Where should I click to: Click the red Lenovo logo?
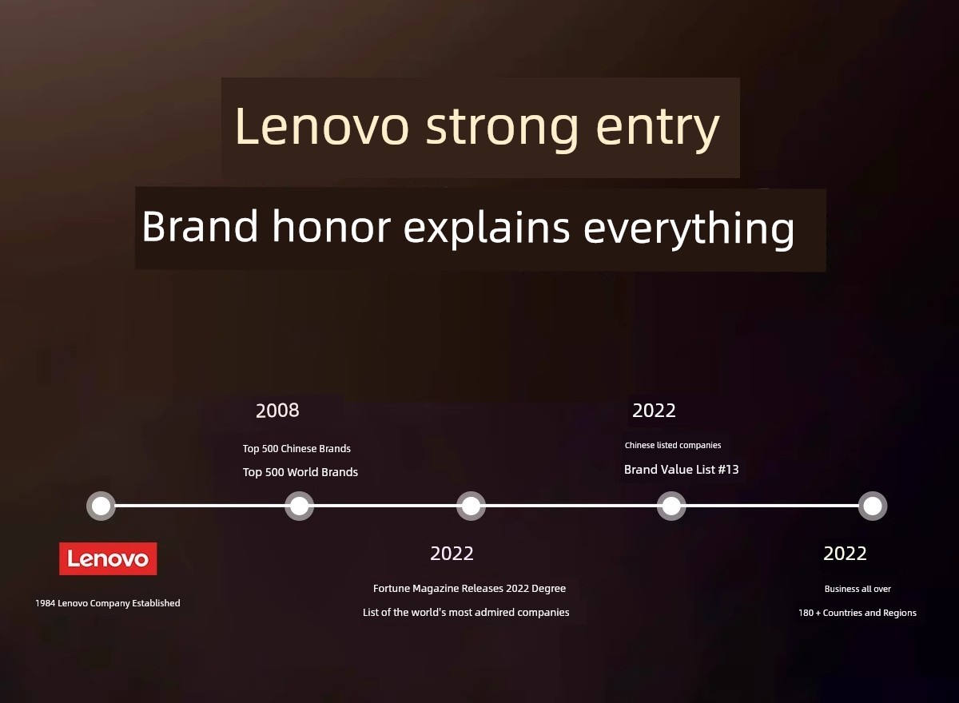[108, 558]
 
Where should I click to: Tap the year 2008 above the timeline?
[277, 411]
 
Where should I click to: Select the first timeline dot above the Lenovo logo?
[101, 506]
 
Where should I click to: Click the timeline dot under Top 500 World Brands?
[299, 506]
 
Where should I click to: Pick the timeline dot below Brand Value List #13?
[671, 506]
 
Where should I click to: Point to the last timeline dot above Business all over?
[873, 506]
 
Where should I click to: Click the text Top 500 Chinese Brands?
[296, 448]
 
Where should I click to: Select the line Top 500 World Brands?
[300, 472]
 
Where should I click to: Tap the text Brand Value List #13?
[681, 470]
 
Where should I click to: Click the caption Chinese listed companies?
[673, 445]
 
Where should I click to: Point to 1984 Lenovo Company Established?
[107, 603]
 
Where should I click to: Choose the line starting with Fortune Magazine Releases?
[469, 589]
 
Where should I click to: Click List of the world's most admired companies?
[466, 612]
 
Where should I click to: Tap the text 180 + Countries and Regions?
[857, 613]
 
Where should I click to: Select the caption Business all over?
[858, 589]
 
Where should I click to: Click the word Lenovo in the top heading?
[321, 126]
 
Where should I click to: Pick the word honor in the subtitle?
[332, 226]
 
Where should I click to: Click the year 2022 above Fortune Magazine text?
[452, 554]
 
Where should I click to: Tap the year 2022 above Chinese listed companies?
[654, 411]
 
